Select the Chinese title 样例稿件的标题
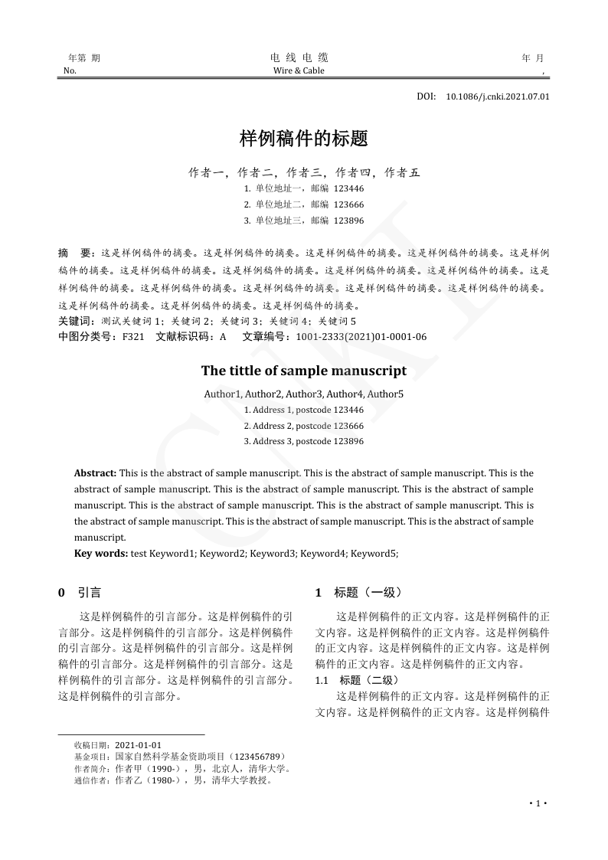pyautogui.click(x=304, y=139)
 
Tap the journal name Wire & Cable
pyautogui.click(x=299, y=71)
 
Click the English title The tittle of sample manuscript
pyautogui.click(x=304, y=371)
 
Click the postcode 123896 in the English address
pyautogui.click(x=348, y=442)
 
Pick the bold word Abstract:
pyautogui.click(x=95, y=473)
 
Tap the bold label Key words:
pyautogui.click(x=101, y=553)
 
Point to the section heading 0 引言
pyautogui.click(x=80, y=593)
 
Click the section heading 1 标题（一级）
pyautogui.click(x=358, y=593)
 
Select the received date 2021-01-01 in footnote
pyautogui.click(x=138, y=745)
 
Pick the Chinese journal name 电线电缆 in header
pyautogui.click(x=299, y=57)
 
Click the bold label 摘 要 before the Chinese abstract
pyautogui.click(x=76, y=253)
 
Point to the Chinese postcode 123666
pyautogui.click(x=348, y=204)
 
